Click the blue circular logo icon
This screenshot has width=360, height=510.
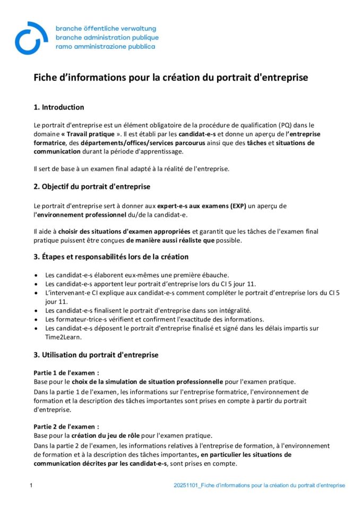click(x=31, y=38)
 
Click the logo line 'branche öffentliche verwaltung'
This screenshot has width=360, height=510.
click(x=106, y=28)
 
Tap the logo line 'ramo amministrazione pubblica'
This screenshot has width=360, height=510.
click(x=105, y=47)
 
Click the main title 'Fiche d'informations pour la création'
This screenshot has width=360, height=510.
click(x=170, y=78)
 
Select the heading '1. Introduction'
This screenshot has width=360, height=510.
click(x=58, y=107)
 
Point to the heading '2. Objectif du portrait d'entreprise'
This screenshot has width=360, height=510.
click(x=92, y=187)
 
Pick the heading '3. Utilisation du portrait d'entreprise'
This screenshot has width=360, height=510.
click(x=96, y=355)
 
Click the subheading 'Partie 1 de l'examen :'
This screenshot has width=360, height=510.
click(x=66, y=373)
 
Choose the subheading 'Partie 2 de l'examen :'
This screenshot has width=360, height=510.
click(x=66, y=427)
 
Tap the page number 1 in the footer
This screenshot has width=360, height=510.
click(x=31, y=486)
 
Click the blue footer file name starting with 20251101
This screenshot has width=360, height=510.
click(x=259, y=486)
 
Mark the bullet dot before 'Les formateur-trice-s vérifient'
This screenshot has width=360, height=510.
click(x=36, y=320)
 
